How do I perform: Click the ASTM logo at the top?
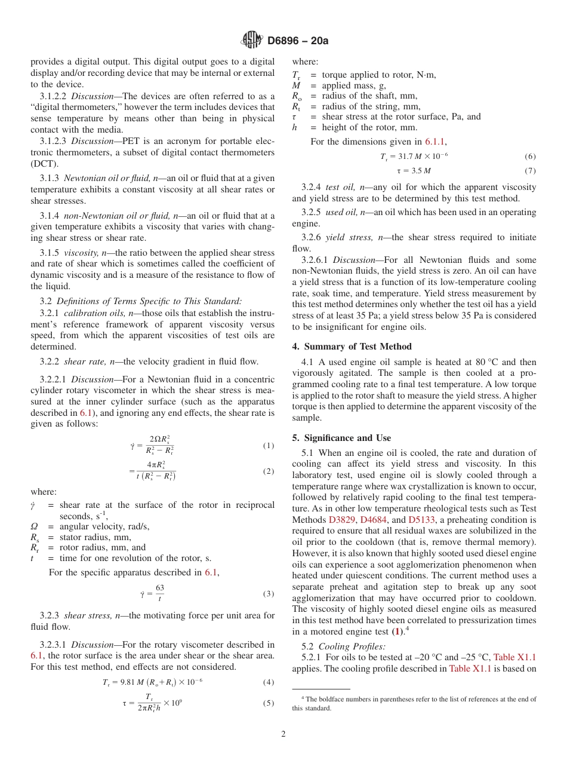coord(251,40)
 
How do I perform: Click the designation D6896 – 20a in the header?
coord(298,41)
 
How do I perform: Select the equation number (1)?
coord(268,446)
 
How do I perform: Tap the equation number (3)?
coord(268,594)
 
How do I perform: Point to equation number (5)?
coord(268,703)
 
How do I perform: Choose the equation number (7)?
coord(530,170)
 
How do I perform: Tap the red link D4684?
coord(374,520)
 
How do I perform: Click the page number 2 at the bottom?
coord(283,734)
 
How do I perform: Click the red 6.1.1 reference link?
coord(434,142)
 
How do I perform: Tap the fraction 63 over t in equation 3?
coord(160,593)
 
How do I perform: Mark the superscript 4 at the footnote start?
coord(303,697)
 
